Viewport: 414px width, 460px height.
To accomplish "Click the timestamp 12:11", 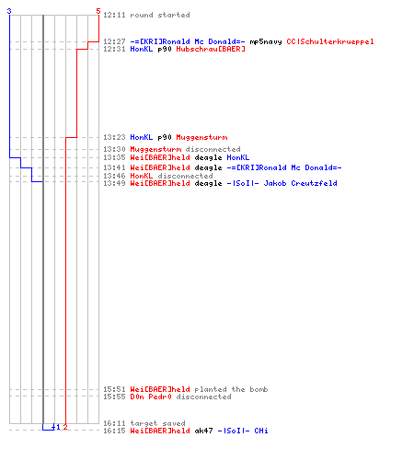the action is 114,15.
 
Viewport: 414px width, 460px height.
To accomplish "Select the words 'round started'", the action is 160,15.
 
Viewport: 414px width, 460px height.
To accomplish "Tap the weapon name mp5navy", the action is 266,41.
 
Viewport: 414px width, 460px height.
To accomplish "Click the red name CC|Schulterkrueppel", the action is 330,41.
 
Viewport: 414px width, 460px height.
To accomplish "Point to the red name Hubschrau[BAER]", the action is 211,49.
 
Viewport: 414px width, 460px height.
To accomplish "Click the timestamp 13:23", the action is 114,137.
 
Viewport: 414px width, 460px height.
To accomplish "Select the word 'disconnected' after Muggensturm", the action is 213,149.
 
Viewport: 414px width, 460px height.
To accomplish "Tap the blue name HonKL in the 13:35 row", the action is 238,157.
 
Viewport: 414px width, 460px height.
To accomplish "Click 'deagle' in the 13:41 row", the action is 208,167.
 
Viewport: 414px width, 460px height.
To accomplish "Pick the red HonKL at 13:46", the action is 142,176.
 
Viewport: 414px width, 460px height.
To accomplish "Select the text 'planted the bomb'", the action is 231,389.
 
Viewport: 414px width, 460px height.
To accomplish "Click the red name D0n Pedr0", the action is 151,397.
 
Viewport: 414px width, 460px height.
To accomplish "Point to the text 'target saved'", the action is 157,423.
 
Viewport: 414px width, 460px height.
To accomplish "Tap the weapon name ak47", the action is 203,431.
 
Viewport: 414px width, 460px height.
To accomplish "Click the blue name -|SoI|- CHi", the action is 243,431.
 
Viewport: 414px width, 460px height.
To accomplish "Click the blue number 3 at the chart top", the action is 9,11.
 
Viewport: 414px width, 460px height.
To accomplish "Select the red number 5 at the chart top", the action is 98,11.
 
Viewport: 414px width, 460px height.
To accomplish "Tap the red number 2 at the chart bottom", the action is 65,427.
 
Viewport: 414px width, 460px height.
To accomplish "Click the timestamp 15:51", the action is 114,389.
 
